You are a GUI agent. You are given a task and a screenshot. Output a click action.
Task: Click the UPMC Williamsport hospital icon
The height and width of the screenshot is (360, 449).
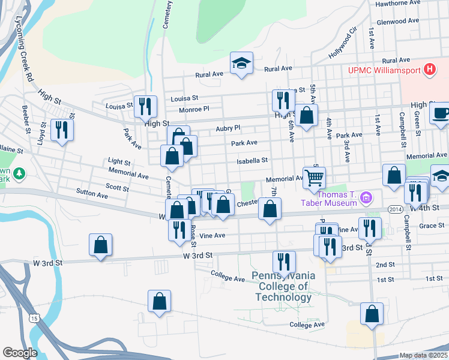click(x=429, y=70)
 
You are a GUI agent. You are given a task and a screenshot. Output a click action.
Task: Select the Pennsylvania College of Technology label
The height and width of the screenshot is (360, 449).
click(x=283, y=286)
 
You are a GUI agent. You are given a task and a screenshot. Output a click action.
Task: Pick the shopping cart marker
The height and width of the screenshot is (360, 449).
click(x=314, y=178)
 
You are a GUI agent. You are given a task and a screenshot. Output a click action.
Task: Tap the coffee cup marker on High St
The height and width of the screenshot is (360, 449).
click(x=440, y=113)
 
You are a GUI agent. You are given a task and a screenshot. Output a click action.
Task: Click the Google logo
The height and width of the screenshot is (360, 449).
click(x=20, y=353)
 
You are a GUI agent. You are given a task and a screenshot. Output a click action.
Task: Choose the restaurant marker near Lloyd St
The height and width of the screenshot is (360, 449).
click(x=61, y=130)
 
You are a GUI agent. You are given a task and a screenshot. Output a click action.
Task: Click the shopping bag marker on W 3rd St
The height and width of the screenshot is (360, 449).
click(x=100, y=245)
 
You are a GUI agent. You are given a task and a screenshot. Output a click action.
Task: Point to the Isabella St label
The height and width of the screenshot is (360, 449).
click(x=252, y=161)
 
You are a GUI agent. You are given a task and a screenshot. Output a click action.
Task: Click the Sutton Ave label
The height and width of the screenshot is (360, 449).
click(x=92, y=195)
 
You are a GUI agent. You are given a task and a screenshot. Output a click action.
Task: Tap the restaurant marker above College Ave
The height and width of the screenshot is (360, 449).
click(x=283, y=262)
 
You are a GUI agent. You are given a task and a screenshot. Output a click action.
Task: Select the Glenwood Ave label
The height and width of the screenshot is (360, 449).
click(x=397, y=20)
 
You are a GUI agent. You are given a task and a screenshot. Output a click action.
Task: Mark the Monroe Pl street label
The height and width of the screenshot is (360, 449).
click(x=194, y=109)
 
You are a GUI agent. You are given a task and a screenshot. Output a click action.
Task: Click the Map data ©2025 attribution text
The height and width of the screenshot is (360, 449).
click(x=424, y=355)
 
